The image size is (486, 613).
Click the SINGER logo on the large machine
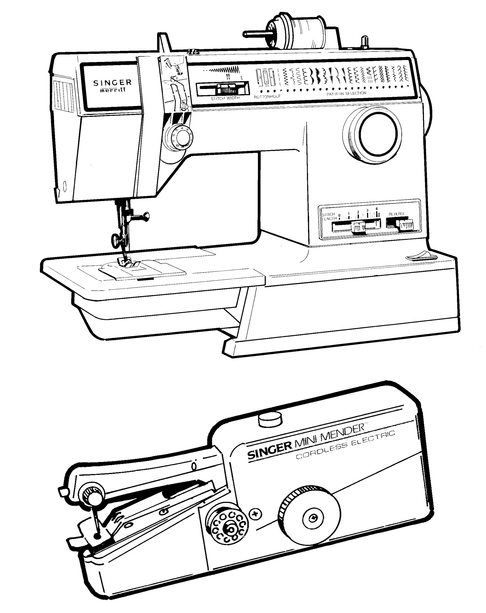[x=113, y=83]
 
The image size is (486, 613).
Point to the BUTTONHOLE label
[x=267, y=96]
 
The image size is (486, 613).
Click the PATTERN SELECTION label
[x=346, y=93]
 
